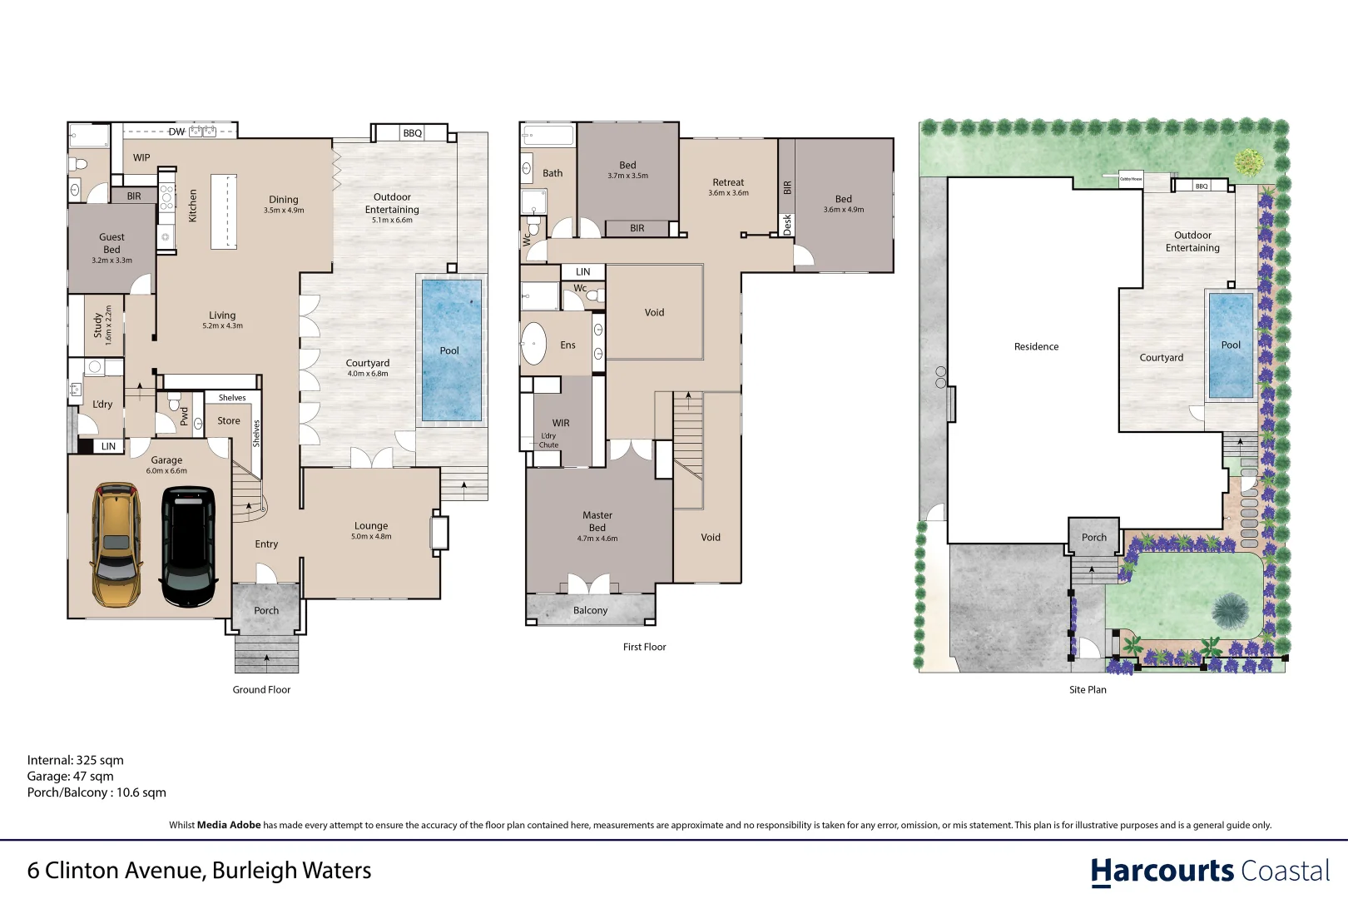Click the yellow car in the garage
[116, 545]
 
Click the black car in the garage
[189, 547]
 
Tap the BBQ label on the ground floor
[413, 133]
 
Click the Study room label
[98, 325]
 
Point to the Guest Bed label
[112, 243]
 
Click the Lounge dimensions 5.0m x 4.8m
[371, 537]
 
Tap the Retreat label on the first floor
[728, 182]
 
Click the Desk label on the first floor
[787, 225]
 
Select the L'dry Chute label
[548, 440]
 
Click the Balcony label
[590, 610]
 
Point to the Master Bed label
[597, 521]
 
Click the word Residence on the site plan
[1036, 346]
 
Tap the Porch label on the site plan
[1094, 538]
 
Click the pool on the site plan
[1231, 345]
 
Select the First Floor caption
[644, 647]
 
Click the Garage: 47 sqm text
[70, 776]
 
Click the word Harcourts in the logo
[1162, 872]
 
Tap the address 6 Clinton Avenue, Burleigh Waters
[199, 871]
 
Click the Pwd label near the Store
[184, 415]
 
